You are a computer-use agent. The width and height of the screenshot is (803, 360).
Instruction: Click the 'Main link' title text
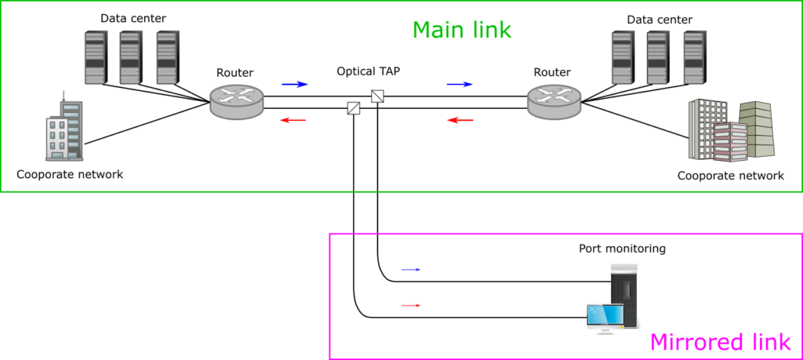[x=461, y=30]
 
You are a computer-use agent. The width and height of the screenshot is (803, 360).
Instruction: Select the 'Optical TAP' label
[x=369, y=71]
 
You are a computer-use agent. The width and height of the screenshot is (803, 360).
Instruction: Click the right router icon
[x=554, y=102]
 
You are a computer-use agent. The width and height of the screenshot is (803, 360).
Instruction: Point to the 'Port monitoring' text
[x=622, y=249]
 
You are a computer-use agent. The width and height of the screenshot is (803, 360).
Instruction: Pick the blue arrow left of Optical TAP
[x=295, y=83]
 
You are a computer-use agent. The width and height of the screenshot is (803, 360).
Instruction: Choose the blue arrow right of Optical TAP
[x=460, y=83]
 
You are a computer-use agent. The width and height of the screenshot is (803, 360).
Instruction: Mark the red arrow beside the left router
[x=293, y=120]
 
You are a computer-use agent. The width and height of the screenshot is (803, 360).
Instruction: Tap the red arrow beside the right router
[x=460, y=120]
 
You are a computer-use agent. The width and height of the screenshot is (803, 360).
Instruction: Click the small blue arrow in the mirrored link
[x=411, y=270]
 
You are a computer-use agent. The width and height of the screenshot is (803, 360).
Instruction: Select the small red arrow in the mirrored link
[x=411, y=305]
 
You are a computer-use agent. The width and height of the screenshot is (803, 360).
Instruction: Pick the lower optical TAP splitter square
[x=353, y=109]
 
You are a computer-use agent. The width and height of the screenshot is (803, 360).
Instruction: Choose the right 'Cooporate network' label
[x=730, y=176]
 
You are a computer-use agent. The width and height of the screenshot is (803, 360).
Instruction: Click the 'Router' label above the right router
[x=552, y=72]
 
